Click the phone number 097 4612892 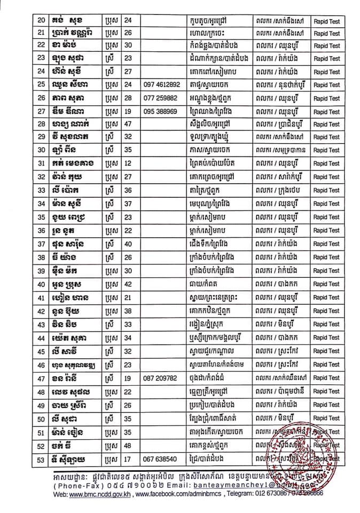pyautogui.click(x=162, y=85)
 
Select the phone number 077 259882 pyautogui.click(x=160, y=98)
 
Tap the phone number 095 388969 pyautogui.click(x=160, y=112)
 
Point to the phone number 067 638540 pyautogui.click(x=160, y=458)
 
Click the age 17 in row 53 pyautogui.click(x=128, y=458)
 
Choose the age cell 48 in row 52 pyautogui.click(x=128, y=445)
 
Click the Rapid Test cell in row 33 pyautogui.click(x=327, y=190)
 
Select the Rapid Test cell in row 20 pyautogui.click(x=327, y=20)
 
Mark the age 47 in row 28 pyautogui.click(x=128, y=125)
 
